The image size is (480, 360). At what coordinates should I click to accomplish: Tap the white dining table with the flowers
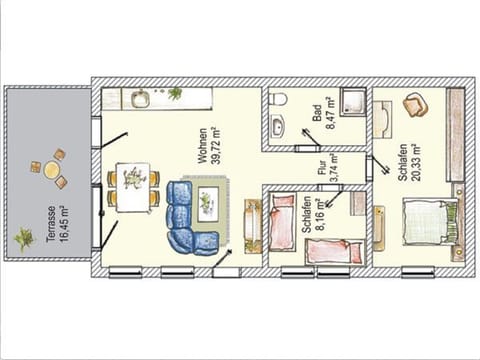coord(132,184)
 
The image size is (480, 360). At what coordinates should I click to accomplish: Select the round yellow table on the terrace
coord(50,169)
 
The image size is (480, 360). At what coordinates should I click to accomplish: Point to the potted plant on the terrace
coord(24,238)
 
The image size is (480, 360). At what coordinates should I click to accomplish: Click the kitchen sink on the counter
coord(139,98)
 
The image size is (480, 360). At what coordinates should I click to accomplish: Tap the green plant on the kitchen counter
coord(176,94)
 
